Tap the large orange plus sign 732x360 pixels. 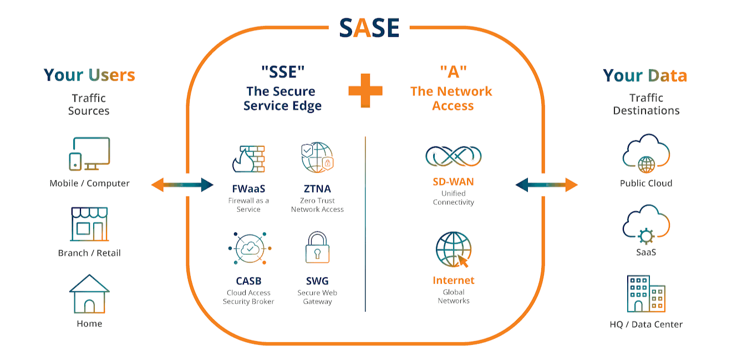(365, 90)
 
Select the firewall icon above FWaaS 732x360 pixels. (248, 159)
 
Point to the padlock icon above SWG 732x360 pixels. (317, 248)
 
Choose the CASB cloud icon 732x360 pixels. (248, 249)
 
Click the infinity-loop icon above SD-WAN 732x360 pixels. (453, 156)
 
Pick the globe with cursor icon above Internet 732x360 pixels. (453, 250)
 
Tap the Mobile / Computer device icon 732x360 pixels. (89, 154)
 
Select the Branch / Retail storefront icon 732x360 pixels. (89, 224)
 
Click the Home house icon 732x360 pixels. (89, 294)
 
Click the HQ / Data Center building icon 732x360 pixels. (646, 294)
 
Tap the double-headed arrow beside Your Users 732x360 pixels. (182, 185)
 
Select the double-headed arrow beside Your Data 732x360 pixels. (547, 185)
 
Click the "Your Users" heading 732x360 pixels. (89, 75)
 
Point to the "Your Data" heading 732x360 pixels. (645, 75)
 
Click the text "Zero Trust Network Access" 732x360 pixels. (317, 205)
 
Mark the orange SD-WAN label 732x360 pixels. (453, 182)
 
